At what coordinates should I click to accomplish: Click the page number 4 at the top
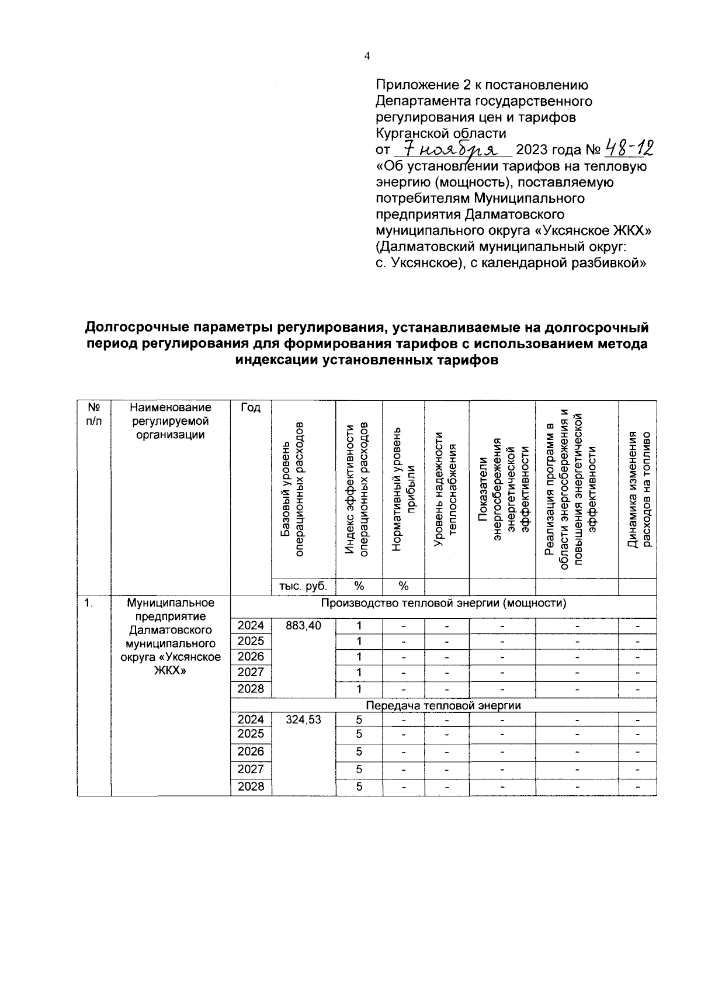click(x=367, y=56)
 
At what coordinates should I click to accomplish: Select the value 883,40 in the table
click(x=303, y=625)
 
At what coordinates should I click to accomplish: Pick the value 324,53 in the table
click(x=303, y=720)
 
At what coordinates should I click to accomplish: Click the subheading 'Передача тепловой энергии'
click(x=443, y=705)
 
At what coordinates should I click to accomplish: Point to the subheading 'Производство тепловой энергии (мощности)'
click(x=443, y=603)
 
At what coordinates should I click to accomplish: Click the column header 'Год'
click(x=251, y=407)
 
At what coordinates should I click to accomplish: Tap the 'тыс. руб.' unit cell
click(x=303, y=586)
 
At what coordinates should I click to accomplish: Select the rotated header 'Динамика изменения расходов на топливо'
click(x=638, y=490)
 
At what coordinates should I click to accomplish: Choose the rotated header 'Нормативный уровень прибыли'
click(x=403, y=490)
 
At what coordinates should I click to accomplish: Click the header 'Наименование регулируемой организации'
click(x=170, y=421)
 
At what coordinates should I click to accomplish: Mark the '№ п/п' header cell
click(x=93, y=414)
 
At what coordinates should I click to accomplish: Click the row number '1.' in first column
click(x=88, y=603)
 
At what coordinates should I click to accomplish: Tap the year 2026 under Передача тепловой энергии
click(x=251, y=751)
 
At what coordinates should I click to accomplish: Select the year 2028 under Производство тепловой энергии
click(x=251, y=688)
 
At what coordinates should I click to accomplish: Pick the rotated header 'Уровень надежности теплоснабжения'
click(x=446, y=490)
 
